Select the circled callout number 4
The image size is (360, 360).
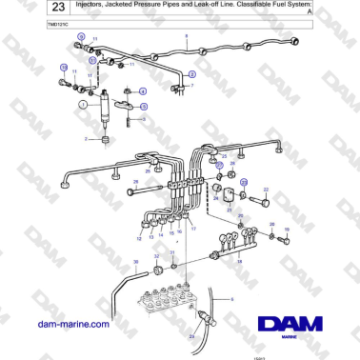pyautogui.click(x=142, y=90)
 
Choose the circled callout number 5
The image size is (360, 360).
pyautogui.click(x=192, y=72)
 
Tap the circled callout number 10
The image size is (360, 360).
pyautogui.click(x=63, y=68)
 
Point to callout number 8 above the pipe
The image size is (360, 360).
pyautogui.click(x=187, y=35)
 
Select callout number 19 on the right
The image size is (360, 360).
pyautogui.click(x=286, y=230)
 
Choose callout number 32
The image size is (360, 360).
pyautogui.click(x=156, y=257)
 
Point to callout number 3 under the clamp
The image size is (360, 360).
pyautogui.click(x=142, y=121)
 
